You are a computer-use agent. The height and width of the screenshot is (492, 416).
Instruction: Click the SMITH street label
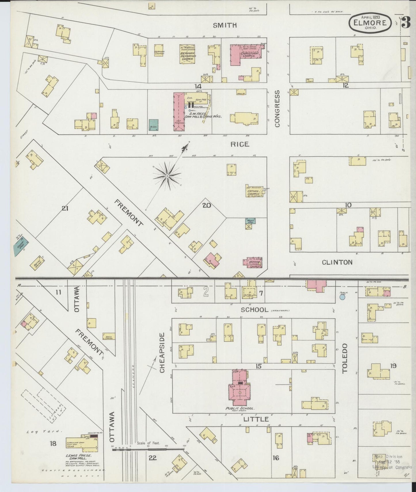(225, 25)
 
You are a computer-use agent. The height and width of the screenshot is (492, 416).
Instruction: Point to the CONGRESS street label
(277, 109)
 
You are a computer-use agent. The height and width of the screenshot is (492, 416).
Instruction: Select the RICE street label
(240, 144)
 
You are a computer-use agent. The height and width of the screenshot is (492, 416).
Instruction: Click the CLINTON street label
(337, 262)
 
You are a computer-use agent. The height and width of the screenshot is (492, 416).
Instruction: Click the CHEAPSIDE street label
(162, 353)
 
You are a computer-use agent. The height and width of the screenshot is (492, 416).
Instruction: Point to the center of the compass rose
(167, 176)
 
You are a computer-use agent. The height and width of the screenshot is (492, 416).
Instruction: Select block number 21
(65, 208)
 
